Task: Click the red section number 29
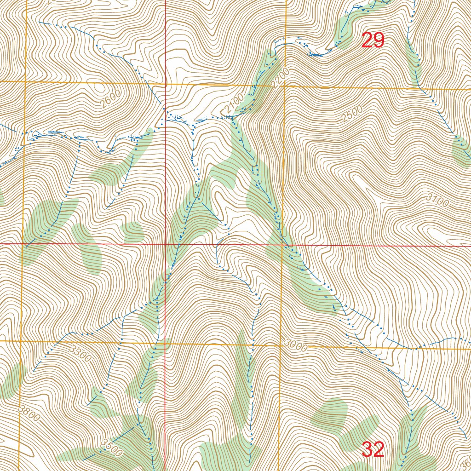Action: coord(373,40)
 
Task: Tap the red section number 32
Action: coord(373,449)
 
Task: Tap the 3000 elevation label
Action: coord(295,346)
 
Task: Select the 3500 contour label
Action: coord(110,448)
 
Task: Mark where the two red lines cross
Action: coord(166,244)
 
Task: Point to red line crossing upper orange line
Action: coord(166,84)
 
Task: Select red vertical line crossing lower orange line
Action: coord(165,343)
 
